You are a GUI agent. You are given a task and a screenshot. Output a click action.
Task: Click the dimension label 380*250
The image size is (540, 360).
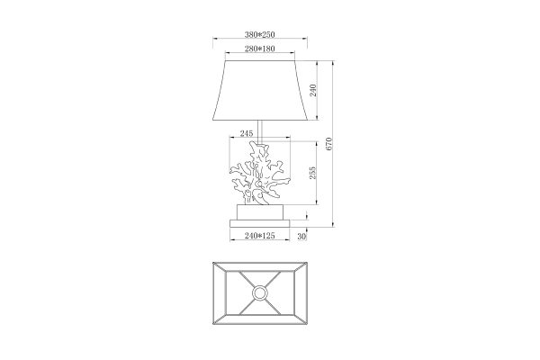click(260, 34)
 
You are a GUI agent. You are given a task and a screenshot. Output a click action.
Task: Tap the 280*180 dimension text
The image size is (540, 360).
click(260, 49)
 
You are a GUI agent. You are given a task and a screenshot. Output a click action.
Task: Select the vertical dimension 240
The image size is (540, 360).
click(313, 90)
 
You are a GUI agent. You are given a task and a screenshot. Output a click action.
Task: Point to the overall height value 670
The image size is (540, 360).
click(328, 144)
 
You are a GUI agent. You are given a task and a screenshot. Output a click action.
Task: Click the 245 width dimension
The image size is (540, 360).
click(247, 133)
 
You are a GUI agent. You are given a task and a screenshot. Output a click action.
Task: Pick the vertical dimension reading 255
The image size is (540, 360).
click(312, 173)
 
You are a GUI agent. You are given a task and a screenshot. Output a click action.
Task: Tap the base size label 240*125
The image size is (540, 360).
click(260, 236)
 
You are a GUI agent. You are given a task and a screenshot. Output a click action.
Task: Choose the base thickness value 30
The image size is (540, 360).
click(301, 237)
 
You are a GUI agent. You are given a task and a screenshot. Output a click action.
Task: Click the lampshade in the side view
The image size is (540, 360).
click(260, 91)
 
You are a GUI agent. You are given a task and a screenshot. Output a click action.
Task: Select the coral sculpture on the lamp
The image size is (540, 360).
click(259, 173)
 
